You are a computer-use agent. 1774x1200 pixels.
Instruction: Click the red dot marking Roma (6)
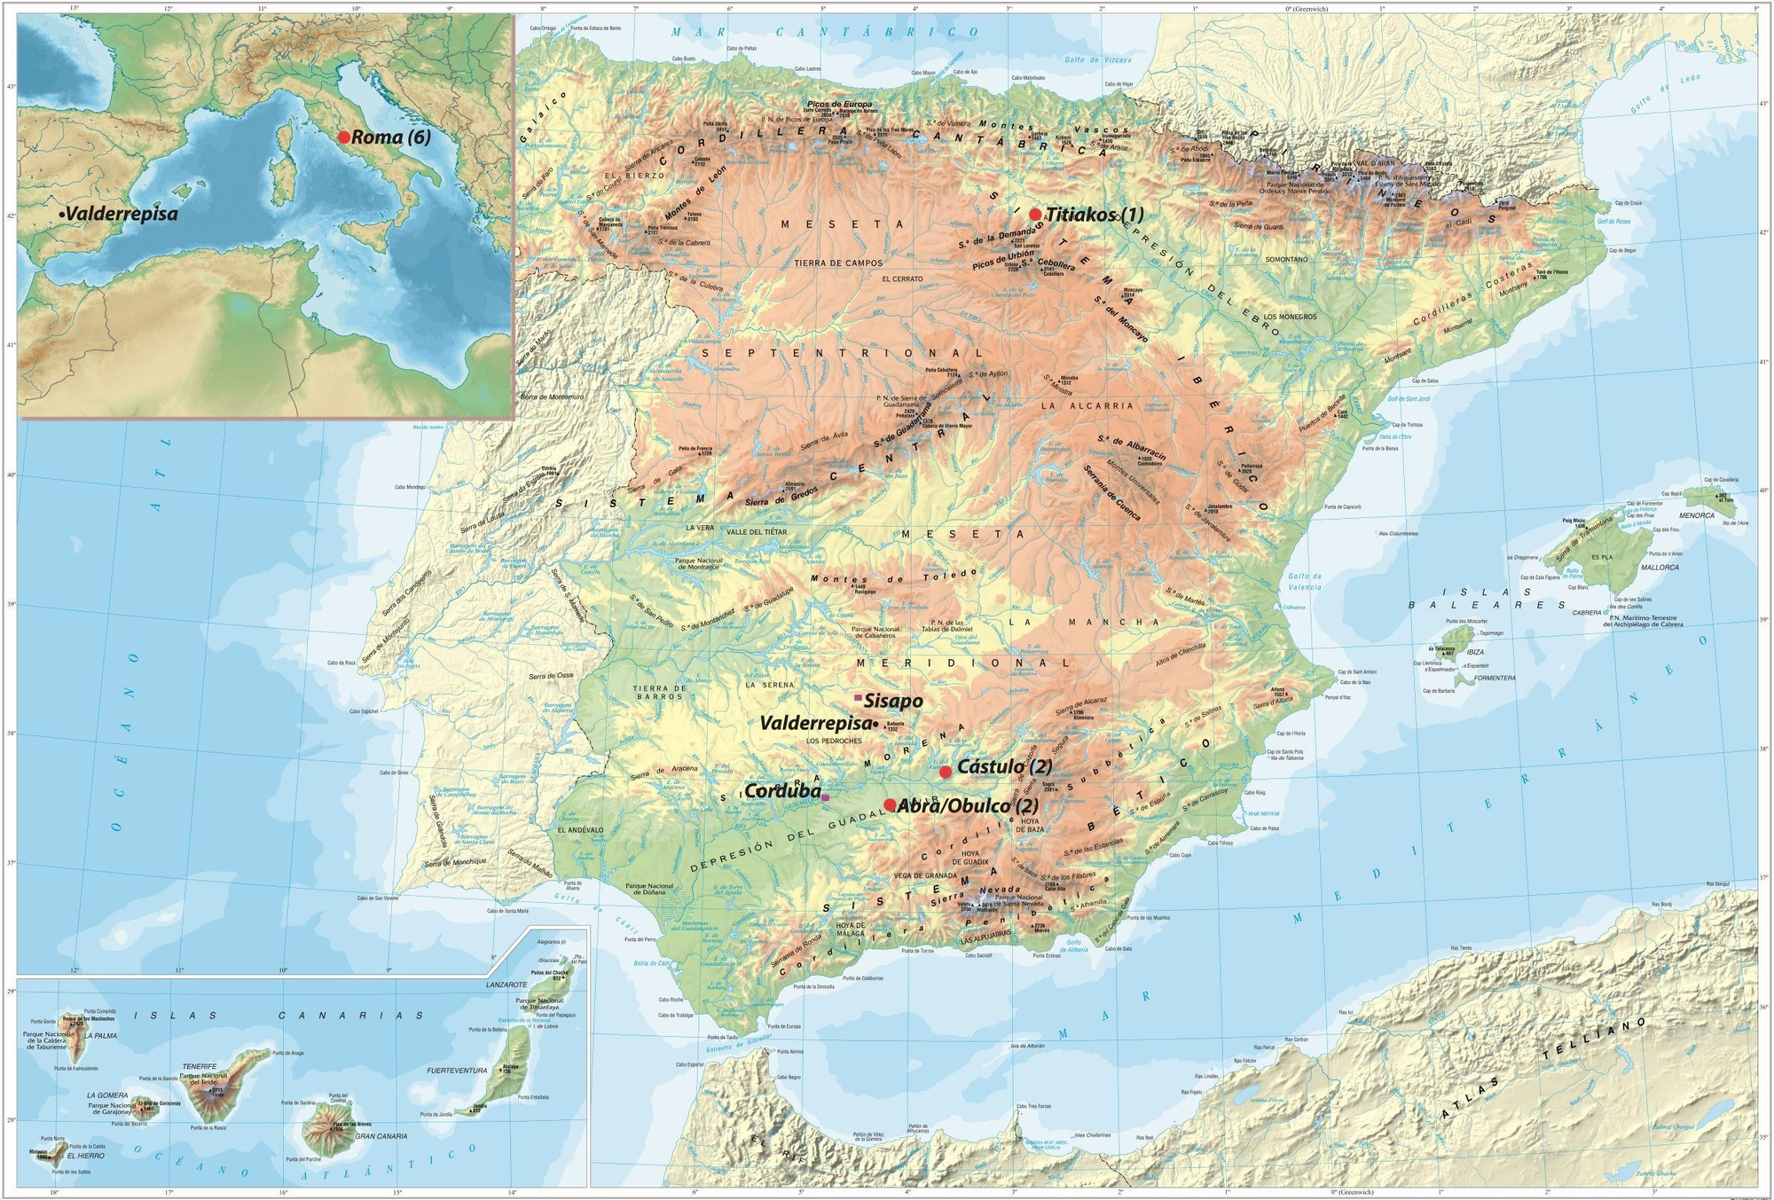pos(344,137)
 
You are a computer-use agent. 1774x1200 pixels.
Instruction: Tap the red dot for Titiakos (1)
pos(1035,214)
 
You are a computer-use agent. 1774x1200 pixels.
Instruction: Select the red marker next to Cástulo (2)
pos(946,772)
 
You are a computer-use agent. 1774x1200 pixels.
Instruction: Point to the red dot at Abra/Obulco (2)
pos(890,804)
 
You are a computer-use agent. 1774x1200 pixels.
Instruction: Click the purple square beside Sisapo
pos(858,698)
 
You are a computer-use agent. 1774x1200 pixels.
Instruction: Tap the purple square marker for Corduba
pos(826,797)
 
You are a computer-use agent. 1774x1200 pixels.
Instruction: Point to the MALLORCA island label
pos(1659,567)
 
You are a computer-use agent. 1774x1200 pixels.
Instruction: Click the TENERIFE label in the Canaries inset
pos(200,1067)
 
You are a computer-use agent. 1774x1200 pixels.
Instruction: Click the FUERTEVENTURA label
pos(458,1071)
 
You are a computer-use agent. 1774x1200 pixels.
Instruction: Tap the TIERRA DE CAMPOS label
pos(838,263)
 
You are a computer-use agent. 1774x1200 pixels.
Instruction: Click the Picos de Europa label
pos(839,104)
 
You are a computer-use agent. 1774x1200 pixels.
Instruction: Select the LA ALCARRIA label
pos(1075,405)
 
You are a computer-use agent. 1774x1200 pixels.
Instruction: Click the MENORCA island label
pos(1697,515)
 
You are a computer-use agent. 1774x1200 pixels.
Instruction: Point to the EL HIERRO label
pos(86,1157)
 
